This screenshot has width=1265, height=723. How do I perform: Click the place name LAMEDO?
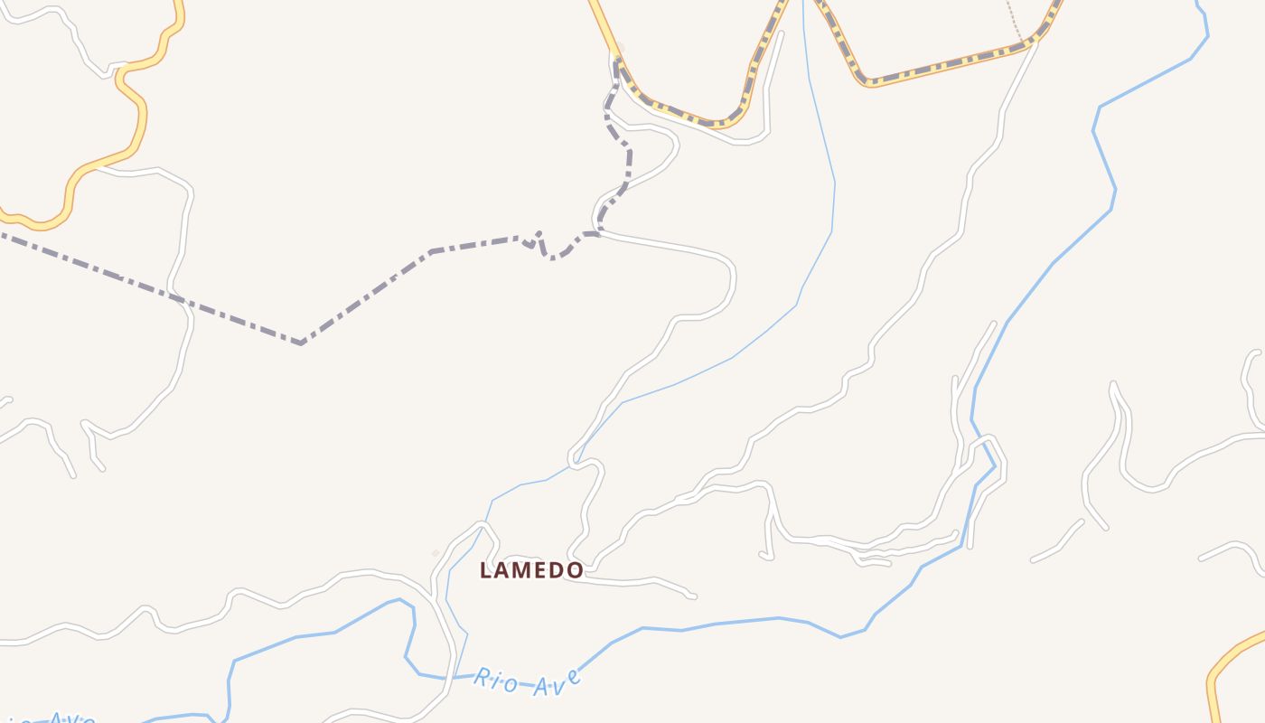tap(531, 570)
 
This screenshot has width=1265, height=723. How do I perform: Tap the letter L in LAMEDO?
tap(485, 571)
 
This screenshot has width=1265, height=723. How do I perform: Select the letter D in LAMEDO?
tap(558, 571)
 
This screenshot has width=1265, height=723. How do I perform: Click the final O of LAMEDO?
tap(575, 571)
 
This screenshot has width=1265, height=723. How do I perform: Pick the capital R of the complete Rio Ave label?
tap(482, 677)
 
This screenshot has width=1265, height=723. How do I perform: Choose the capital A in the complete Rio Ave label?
tap(539, 687)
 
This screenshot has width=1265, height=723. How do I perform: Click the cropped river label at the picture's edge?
tap(54, 718)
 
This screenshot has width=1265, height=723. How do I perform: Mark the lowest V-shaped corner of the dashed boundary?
tap(300, 343)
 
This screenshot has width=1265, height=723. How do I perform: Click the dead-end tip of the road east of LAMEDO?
tap(693, 596)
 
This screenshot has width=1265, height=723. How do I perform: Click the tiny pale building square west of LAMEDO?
tap(436, 553)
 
